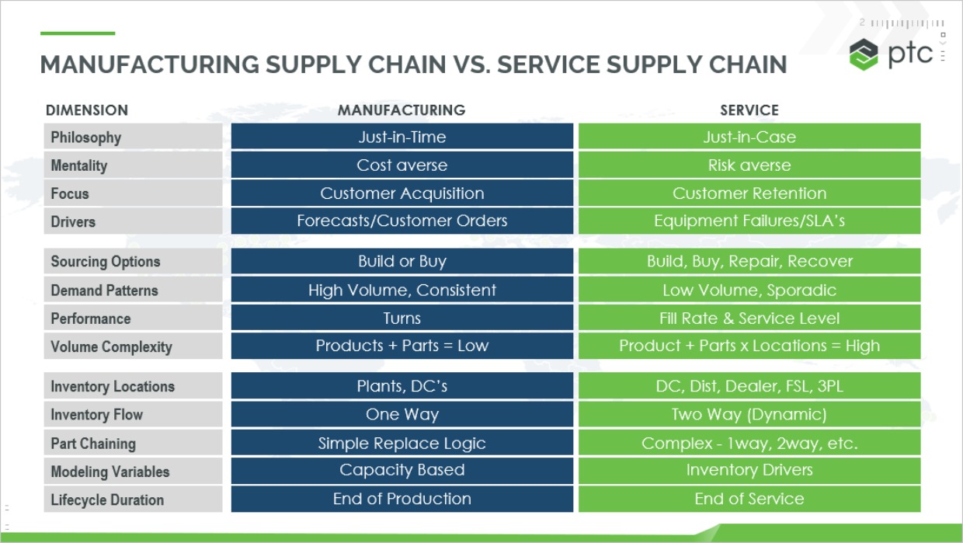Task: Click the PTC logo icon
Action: tap(864, 54)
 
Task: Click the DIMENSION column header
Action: tap(87, 110)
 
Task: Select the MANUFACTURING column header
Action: tap(402, 110)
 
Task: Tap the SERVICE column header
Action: tap(749, 110)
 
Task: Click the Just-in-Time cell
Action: tap(402, 137)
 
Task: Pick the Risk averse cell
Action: tap(749, 165)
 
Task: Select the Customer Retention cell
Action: tap(749, 193)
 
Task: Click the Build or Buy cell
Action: tap(402, 261)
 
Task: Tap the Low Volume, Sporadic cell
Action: tap(749, 291)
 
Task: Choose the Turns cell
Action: tap(402, 318)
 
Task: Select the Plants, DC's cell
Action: tap(402, 386)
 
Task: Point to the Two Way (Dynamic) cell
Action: tap(749, 415)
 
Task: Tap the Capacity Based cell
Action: tap(402, 470)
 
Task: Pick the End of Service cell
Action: tap(749, 499)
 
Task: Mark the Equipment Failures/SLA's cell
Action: tap(749, 221)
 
